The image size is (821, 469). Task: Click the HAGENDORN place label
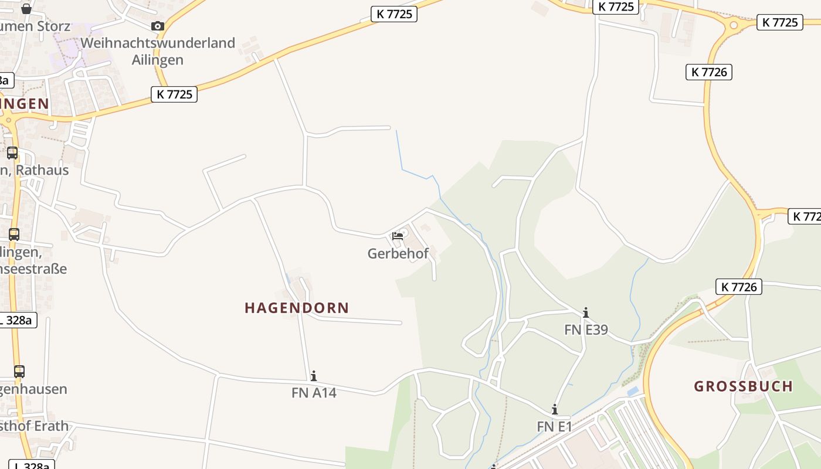[x=297, y=308]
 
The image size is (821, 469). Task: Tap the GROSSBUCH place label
[x=743, y=386]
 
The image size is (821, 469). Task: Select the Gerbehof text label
[x=398, y=254]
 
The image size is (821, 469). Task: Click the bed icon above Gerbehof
[x=398, y=236]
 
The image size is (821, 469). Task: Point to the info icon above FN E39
[x=585, y=312]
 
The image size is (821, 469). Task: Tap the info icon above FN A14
[x=314, y=376]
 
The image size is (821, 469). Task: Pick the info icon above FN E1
[x=554, y=409]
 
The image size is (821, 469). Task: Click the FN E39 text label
[x=586, y=329]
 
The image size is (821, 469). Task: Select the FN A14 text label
[x=314, y=393]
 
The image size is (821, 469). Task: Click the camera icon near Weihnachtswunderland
[x=158, y=26]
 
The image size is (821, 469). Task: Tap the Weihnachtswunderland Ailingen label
[x=158, y=51]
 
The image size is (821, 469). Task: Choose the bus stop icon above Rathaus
[x=12, y=153]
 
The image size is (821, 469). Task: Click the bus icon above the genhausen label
[x=19, y=372]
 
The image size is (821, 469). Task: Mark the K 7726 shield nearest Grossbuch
[x=738, y=287]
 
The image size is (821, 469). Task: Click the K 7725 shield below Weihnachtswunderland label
[x=174, y=94]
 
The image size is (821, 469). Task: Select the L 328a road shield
[x=18, y=320]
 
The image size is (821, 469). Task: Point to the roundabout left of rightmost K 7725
[x=733, y=25]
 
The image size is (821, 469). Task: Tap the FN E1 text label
[x=554, y=427]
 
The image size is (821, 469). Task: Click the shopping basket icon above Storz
[x=26, y=9]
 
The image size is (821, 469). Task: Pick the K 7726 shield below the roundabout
[x=708, y=72]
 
